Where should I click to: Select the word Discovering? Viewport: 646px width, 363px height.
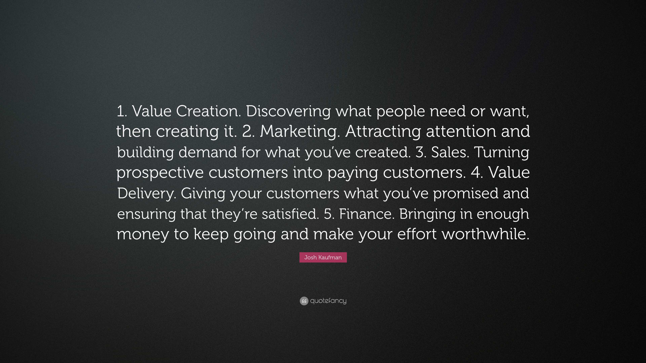click(288, 111)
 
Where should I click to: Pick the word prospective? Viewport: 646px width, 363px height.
click(160, 173)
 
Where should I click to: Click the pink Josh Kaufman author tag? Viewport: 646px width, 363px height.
click(323, 257)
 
